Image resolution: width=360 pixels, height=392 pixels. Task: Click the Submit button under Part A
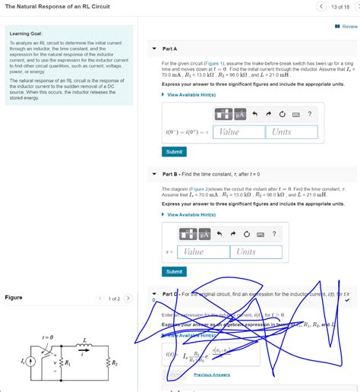[x=174, y=151]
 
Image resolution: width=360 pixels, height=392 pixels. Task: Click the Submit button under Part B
[x=174, y=271]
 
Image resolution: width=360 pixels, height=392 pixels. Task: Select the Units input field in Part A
[x=292, y=131]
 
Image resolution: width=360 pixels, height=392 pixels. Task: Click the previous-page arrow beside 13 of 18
[x=321, y=7]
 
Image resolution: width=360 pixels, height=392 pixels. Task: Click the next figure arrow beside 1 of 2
[x=128, y=299]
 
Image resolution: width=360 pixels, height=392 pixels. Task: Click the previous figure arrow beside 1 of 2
[x=99, y=299]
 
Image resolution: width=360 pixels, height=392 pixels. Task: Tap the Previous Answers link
[x=211, y=375]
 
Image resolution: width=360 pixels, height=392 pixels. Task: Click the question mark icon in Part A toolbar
[x=309, y=114]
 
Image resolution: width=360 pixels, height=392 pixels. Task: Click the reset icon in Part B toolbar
[x=248, y=234]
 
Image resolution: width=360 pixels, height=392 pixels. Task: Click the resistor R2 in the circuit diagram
[x=109, y=363]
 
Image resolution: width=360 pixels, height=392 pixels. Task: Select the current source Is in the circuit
[x=30, y=362]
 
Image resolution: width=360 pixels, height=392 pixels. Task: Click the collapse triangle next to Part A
[x=153, y=49]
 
